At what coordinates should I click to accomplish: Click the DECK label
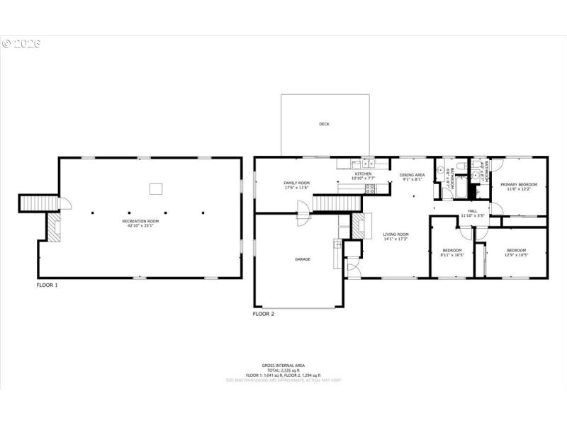click(324, 125)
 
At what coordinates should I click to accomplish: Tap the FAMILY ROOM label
click(298, 183)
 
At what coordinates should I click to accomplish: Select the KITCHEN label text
click(363, 174)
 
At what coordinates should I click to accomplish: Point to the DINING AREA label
click(412, 175)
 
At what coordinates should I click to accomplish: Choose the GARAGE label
click(303, 259)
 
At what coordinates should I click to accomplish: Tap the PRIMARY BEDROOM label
click(519, 185)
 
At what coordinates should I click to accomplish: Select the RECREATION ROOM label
click(140, 221)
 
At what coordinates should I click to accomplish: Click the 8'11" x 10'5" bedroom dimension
click(452, 255)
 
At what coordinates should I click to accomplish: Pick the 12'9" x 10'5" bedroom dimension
click(516, 255)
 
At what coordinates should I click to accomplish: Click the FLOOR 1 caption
click(47, 285)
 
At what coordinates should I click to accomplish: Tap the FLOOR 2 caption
click(264, 312)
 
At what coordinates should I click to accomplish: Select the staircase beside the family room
click(327, 204)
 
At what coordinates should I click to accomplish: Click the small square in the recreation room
click(155, 188)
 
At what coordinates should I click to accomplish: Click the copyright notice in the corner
click(21, 44)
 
